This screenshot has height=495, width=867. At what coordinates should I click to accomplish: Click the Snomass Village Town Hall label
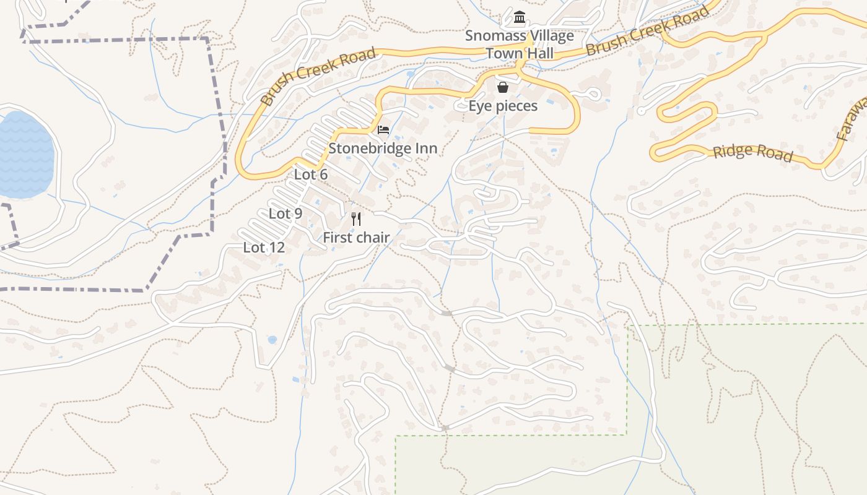pyautogui.click(x=520, y=45)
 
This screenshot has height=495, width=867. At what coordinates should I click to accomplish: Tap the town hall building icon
pyautogui.click(x=520, y=18)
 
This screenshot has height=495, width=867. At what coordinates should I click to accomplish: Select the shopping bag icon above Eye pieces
pyautogui.click(x=503, y=87)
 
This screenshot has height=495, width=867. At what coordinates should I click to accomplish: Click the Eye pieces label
pyautogui.click(x=503, y=106)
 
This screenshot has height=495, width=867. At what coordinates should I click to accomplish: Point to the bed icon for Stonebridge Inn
pyautogui.click(x=383, y=130)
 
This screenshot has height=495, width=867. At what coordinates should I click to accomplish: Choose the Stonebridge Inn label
pyautogui.click(x=383, y=148)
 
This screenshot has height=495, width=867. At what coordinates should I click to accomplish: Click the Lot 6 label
pyautogui.click(x=311, y=174)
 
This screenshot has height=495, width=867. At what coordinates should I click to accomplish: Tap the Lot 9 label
pyautogui.click(x=285, y=213)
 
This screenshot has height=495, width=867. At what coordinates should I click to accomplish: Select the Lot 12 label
pyautogui.click(x=264, y=247)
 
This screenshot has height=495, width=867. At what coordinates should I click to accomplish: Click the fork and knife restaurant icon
pyautogui.click(x=356, y=219)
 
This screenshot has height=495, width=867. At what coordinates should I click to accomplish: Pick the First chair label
pyautogui.click(x=356, y=237)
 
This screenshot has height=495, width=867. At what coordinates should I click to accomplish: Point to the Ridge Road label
pyautogui.click(x=752, y=152)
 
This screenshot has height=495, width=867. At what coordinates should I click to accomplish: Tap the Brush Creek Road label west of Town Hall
pyautogui.click(x=318, y=76)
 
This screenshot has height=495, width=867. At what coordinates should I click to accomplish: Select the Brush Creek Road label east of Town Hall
pyautogui.click(x=647, y=32)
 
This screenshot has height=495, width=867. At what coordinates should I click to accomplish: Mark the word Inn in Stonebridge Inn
pyautogui.click(x=426, y=148)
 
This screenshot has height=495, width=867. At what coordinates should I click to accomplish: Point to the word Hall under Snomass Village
pyautogui.click(x=540, y=53)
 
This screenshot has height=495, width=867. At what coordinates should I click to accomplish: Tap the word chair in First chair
pyautogui.click(x=372, y=237)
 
